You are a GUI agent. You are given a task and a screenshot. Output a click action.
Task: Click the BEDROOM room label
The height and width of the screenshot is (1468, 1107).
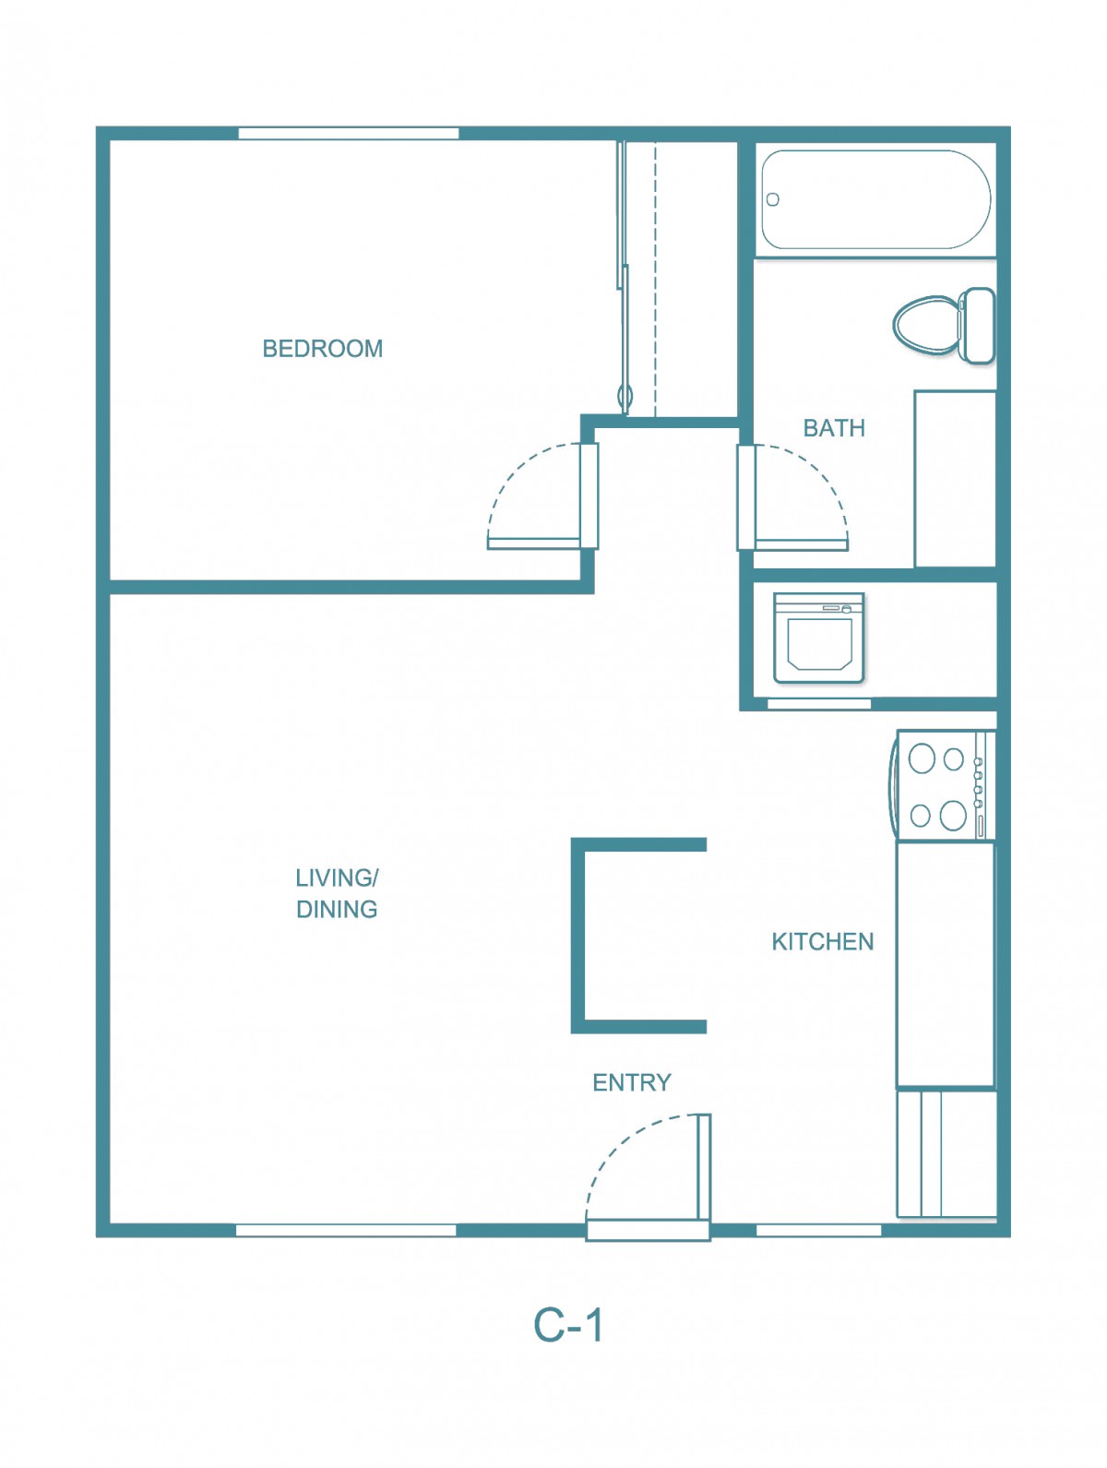coord(322,349)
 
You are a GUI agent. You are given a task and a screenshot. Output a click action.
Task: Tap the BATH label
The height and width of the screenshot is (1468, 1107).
coord(834,428)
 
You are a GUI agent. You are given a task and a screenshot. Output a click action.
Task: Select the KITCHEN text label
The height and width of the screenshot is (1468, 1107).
coord(822,942)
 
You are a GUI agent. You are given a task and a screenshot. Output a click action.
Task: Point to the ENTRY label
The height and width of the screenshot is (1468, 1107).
coord(632,1082)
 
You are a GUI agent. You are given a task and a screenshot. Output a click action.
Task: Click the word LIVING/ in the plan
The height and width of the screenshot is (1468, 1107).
coord(337,878)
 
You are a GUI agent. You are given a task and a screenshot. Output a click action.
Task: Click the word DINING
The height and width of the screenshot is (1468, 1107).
coord(337,910)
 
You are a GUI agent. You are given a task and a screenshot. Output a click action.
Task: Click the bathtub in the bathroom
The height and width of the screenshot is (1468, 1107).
coord(875,199)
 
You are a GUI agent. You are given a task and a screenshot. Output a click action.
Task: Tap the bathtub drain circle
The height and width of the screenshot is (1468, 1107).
coord(773,199)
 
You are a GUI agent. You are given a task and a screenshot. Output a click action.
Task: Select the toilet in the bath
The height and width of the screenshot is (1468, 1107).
coord(944,326)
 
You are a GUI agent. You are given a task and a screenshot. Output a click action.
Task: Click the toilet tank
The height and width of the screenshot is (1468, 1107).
coord(977,326)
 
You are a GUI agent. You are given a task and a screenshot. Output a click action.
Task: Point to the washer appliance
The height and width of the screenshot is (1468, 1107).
coord(819,638)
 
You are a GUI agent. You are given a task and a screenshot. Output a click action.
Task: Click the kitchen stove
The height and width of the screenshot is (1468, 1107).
coord(943,785)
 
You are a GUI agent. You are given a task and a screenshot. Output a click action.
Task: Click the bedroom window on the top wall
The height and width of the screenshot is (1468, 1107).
coord(349,133)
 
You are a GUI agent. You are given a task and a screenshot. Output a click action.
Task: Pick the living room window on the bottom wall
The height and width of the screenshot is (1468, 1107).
coord(346,1230)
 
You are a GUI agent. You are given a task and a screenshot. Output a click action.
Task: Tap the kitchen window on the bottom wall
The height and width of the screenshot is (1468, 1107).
coord(819,1230)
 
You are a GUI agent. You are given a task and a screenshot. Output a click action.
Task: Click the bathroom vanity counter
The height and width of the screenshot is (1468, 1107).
coord(956,479)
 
